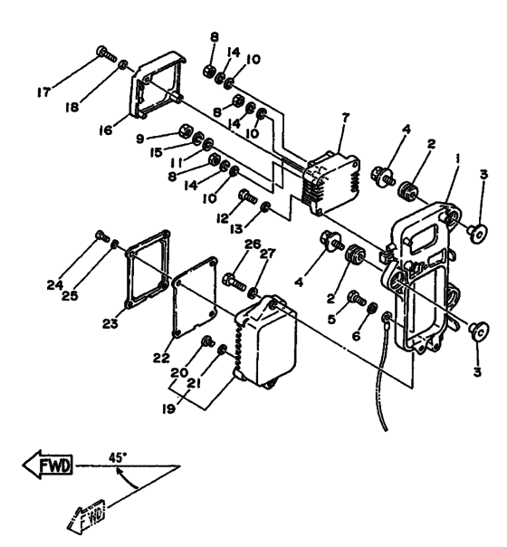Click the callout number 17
click(44, 92)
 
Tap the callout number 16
click(106, 130)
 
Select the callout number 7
click(345, 118)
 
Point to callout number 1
click(457, 159)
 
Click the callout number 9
click(139, 139)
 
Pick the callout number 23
click(110, 324)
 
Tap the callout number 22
click(161, 358)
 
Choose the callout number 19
click(168, 408)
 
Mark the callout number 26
click(253, 245)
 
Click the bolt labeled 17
click(106, 53)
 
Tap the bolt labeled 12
click(247, 196)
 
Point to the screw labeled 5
click(357, 298)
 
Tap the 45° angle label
click(117, 457)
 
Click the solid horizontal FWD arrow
click(48, 465)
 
